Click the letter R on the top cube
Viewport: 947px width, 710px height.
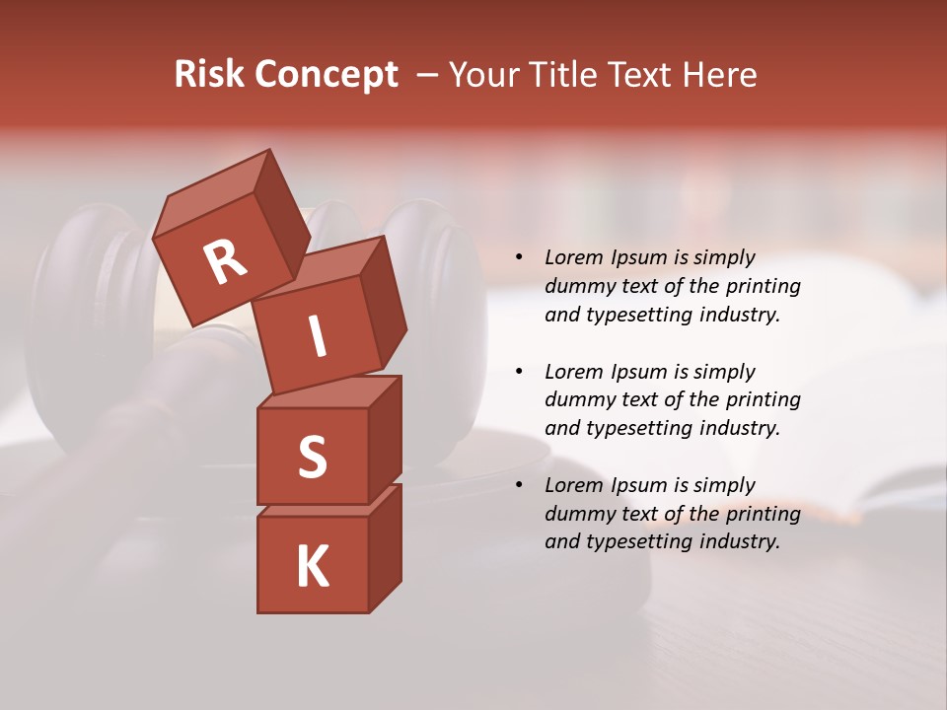click(x=225, y=262)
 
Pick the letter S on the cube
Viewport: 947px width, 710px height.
click(x=312, y=458)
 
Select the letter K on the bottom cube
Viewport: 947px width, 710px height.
click(x=312, y=566)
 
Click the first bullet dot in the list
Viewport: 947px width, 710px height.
click(x=519, y=258)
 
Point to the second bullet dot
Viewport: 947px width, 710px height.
click(x=519, y=373)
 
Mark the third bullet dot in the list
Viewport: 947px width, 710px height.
click(x=519, y=486)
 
